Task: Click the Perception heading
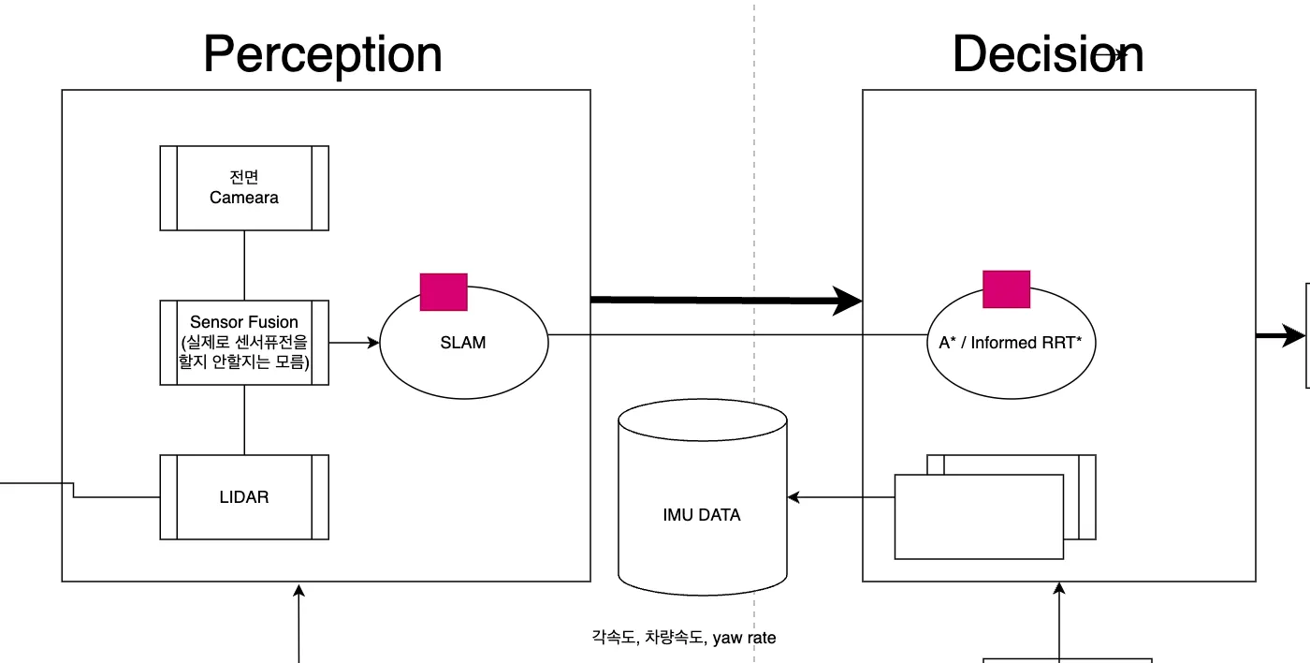tap(323, 54)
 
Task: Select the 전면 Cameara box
tap(244, 187)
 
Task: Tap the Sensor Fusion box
tap(244, 342)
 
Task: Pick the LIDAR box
tap(244, 497)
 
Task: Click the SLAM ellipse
tap(463, 343)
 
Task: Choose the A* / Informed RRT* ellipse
tap(1010, 343)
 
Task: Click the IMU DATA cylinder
tap(703, 514)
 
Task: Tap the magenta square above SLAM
tap(444, 291)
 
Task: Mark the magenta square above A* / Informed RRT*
tap(1007, 289)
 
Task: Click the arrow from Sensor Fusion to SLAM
tap(355, 343)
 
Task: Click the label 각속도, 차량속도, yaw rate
tap(684, 638)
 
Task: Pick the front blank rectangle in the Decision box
tap(979, 516)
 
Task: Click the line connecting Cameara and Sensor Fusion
tap(244, 265)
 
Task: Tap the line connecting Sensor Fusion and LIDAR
tap(244, 420)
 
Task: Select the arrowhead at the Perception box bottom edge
tap(299, 590)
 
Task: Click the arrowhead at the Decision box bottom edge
tap(1059, 590)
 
